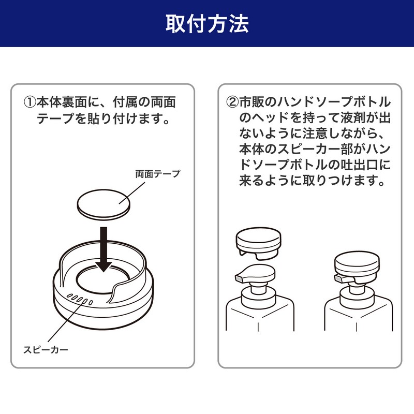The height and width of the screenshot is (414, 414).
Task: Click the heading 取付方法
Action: point(207,23)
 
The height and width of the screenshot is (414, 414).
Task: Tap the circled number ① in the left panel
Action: point(30,102)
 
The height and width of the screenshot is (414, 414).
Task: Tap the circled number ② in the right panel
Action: point(232,102)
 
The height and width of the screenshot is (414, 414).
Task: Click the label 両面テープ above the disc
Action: point(158,174)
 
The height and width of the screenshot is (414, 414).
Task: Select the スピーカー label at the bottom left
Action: point(46,350)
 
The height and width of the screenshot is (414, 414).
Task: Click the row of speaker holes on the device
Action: point(80,299)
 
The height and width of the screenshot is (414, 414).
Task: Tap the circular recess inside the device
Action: point(103,279)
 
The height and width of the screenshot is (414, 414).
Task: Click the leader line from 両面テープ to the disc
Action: point(132,193)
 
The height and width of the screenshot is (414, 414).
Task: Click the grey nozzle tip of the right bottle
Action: point(339,278)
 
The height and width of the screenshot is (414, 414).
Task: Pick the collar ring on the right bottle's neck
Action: point(357,299)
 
